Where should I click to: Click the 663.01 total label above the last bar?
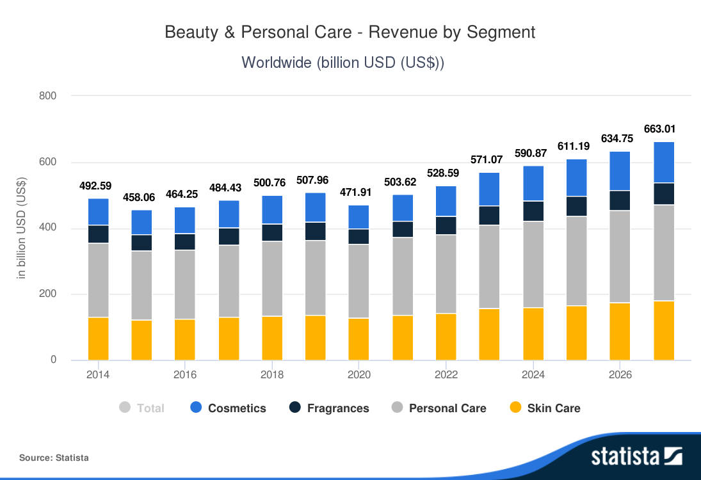(x=664, y=129)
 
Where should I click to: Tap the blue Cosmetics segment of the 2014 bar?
(x=98, y=212)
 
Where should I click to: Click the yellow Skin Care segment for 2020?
(x=359, y=339)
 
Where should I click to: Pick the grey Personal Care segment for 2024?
(x=533, y=264)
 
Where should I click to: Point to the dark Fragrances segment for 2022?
(x=446, y=226)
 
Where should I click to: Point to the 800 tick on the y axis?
(x=49, y=96)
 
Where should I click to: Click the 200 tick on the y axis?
(x=49, y=294)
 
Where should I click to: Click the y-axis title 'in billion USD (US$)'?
(x=22, y=228)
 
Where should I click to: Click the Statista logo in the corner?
(x=636, y=456)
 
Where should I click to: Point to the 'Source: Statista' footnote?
(x=54, y=458)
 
